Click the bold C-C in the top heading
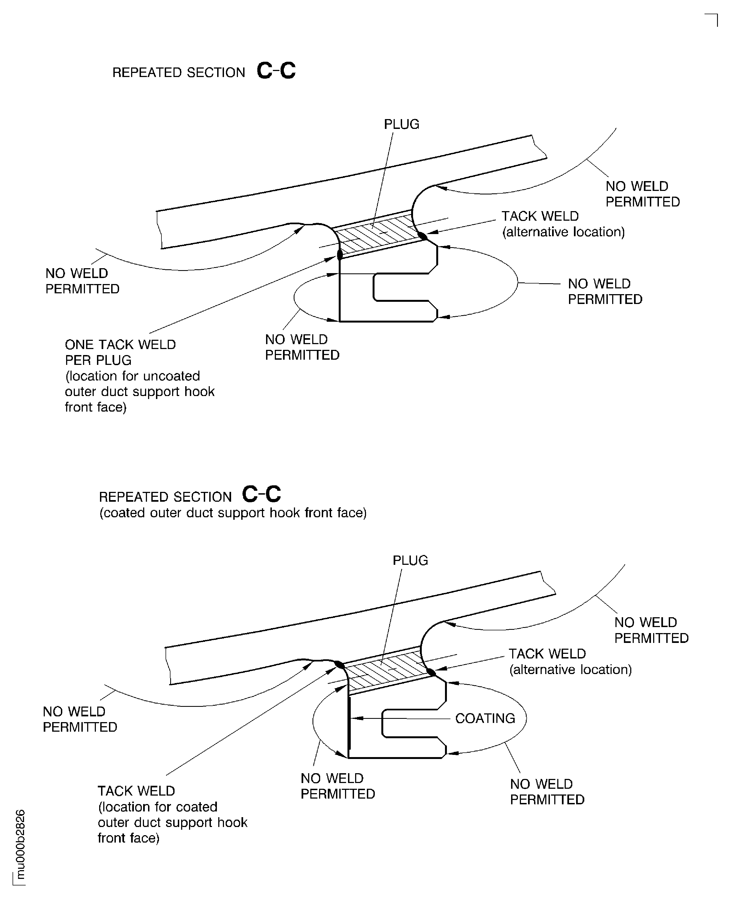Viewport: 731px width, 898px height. tap(276, 71)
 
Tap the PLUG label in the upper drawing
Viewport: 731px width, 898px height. tap(401, 124)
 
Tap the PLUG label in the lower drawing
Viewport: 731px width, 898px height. tap(410, 560)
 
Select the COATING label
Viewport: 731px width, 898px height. tap(485, 718)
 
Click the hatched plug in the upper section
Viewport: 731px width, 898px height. tap(377, 234)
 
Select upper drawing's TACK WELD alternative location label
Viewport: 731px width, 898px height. tap(562, 224)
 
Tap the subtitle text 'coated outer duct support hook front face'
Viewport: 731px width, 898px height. tap(233, 513)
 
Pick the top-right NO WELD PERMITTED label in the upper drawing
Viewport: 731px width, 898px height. tap(642, 194)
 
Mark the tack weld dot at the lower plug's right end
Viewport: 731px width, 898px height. tap(431, 672)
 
